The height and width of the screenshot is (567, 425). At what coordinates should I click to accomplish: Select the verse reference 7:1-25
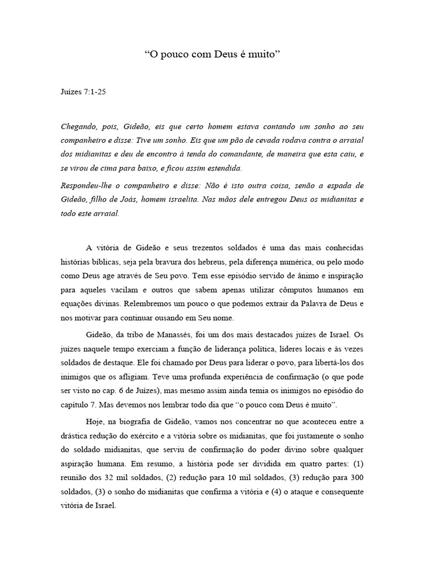pyautogui.click(x=95, y=92)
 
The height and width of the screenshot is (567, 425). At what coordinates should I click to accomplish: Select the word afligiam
pyautogui.click(x=158, y=377)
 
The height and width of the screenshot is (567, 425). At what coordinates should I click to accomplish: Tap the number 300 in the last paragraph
pyautogui.click(x=357, y=477)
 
